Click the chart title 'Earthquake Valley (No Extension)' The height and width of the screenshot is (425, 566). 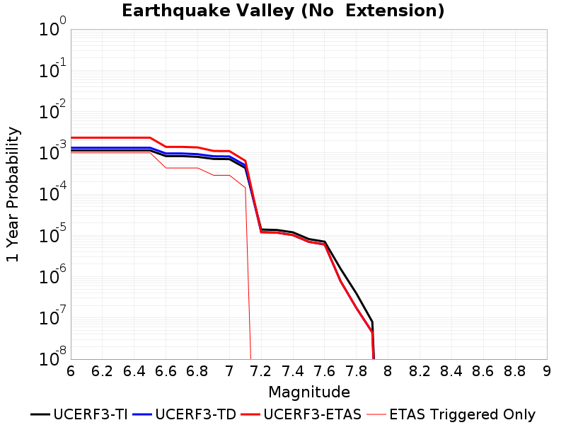283,11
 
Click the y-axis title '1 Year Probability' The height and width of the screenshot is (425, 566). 13,194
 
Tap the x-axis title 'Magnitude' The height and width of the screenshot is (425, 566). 309,392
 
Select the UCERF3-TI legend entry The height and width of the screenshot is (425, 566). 79,414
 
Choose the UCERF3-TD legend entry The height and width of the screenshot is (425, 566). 185,414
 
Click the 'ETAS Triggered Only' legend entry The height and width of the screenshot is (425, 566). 451,414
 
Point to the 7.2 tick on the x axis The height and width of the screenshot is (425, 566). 261,370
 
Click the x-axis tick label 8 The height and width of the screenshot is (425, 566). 388,370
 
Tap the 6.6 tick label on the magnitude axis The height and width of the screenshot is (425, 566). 166,370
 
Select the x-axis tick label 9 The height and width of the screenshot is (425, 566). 547,370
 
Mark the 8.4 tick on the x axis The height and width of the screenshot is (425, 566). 451,370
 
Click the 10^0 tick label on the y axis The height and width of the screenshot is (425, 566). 52,27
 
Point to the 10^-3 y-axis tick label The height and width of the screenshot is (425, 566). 52,151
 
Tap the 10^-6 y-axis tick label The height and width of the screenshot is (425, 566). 52,275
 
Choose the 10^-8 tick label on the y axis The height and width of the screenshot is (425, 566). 52,357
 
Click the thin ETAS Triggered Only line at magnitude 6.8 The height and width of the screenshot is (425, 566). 197,168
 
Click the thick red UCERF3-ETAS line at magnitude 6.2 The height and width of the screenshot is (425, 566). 102,137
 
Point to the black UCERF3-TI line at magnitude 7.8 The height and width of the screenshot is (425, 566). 357,293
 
